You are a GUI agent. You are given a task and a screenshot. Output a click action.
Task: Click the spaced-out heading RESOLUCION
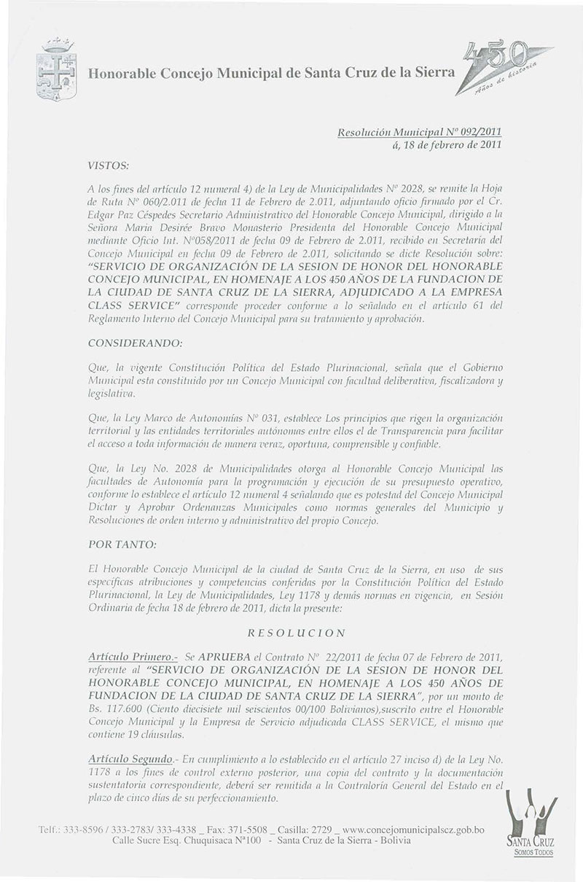click(x=290, y=633)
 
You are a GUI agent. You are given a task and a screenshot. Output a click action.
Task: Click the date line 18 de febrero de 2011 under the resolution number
click(x=448, y=145)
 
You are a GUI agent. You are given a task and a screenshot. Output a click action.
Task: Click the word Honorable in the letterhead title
click(x=120, y=73)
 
